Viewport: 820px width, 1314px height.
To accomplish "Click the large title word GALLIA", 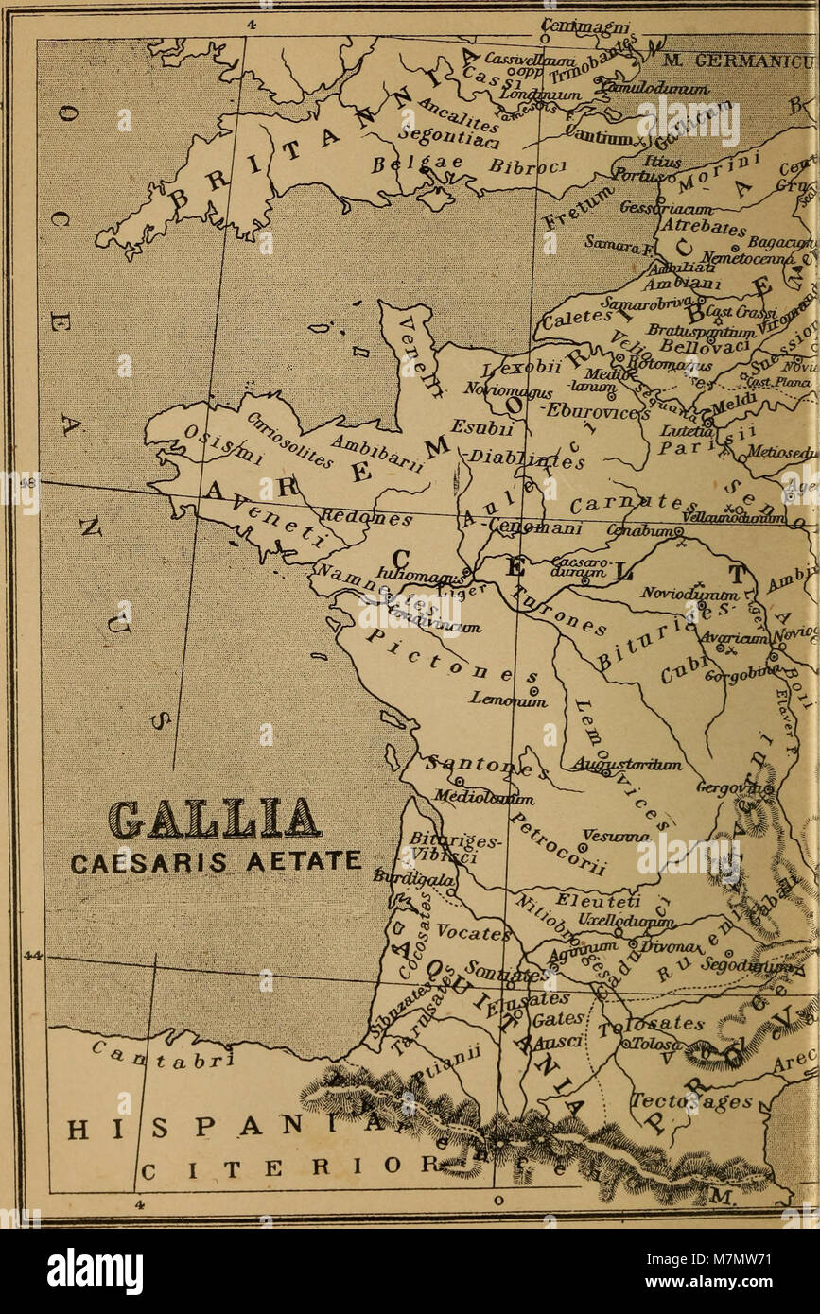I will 214,819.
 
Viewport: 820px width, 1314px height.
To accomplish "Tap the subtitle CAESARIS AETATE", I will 217,861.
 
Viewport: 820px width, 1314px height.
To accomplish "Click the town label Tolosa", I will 652,1044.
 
